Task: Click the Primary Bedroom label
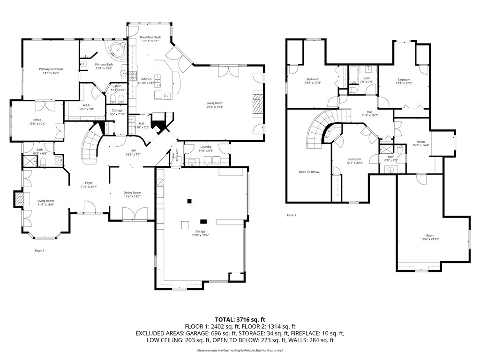51,69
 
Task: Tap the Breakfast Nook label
150,37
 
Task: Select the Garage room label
201,232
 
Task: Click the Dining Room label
132,193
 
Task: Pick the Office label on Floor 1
37,120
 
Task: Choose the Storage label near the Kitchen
117,110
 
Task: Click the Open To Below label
308,172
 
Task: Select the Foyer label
89,183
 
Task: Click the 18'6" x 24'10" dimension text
430,239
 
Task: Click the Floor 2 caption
292,215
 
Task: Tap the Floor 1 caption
39,251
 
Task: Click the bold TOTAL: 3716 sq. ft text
240,319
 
